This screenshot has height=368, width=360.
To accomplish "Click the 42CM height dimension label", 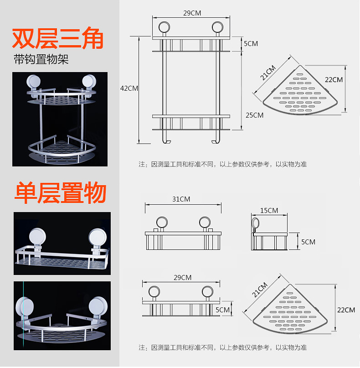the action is [x=129, y=88].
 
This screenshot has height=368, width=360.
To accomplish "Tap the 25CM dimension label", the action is [x=254, y=115].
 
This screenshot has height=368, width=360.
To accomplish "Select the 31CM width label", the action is [x=181, y=199].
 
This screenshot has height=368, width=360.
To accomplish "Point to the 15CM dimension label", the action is [x=269, y=210].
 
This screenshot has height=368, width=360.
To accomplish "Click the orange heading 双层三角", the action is [x=58, y=38].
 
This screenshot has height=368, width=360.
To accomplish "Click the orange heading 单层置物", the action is [x=61, y=193].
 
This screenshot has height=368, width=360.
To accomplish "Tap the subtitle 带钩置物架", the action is [x=41, y=59].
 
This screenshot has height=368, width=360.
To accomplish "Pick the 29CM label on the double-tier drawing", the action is [x=192, y=13].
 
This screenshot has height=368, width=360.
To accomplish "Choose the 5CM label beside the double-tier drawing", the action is [x=251, y=44].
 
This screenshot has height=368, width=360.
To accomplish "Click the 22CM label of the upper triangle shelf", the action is [x=334, y=80].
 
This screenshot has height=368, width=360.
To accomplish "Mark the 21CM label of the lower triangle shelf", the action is [x=260, y=290].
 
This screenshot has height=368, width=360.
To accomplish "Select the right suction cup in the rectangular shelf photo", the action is [x=98, y=237].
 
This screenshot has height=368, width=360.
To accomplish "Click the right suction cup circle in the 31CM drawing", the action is [x=205, y=223].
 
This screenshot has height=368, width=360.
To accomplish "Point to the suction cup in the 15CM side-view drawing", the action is [x=255, y=223].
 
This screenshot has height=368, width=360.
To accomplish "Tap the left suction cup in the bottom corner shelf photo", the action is [x=25, y=307].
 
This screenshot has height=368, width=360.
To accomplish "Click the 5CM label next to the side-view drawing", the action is [x=308, y=242].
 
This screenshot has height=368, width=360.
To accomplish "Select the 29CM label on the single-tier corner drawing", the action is [x=182, y=278].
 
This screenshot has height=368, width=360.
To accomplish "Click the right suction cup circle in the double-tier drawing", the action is [x=217, y=27].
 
